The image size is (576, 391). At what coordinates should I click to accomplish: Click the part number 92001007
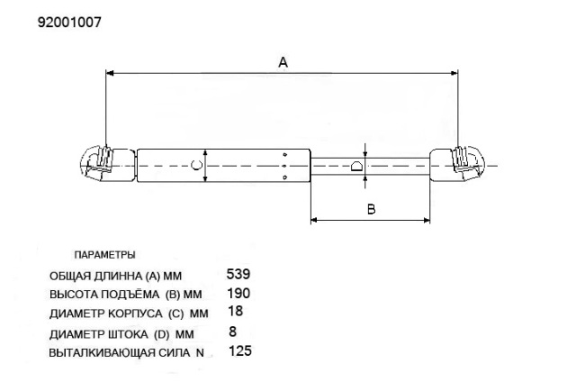(69, 23)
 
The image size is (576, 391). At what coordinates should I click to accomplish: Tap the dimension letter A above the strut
(283, 62)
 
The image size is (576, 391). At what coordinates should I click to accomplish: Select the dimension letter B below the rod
(372, 209)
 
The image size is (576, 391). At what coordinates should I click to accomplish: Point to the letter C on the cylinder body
(196, 165)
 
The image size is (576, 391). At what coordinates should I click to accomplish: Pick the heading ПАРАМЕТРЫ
(104, 255)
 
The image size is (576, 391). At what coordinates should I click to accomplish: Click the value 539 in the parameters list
(238, 274)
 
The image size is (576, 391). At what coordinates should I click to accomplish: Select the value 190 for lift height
(238, 293)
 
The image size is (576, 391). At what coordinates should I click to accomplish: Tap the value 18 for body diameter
(236, 311)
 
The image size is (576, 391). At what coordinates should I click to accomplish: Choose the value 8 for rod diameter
(232, 332)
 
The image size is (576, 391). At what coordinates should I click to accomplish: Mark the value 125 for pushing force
(240, 350)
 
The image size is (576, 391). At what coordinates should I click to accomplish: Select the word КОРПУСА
(135, 314)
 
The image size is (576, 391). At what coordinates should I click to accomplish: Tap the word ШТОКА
(128, 334)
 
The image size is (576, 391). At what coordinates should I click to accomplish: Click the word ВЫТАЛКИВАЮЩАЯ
(102, 353)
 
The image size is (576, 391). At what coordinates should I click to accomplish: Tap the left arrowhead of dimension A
(110, 73)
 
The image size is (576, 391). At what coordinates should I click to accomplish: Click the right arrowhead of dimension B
(427, 221)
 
